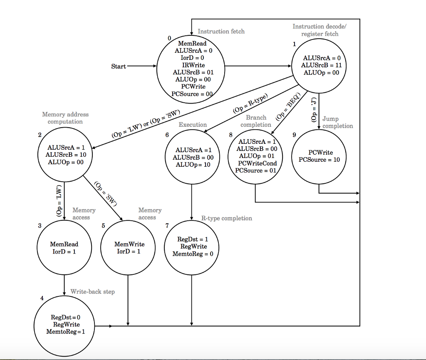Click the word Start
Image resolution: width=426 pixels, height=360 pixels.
119,67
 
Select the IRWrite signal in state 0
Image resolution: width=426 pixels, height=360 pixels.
193,65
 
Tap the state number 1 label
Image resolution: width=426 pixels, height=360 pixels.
294,44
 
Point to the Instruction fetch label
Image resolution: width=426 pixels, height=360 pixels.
221,31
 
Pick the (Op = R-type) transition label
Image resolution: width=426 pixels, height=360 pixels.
250,104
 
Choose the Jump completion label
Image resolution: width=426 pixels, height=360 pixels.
337,123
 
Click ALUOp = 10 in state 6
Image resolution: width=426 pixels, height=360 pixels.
193,165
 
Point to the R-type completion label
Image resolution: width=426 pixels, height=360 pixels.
227,218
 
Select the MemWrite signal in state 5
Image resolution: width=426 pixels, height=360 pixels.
129,244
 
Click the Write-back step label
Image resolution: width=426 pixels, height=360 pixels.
92,292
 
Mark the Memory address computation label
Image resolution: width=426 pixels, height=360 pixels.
65,118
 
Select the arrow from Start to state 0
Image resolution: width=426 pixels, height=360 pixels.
141,66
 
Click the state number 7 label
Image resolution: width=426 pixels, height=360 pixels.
167,226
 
